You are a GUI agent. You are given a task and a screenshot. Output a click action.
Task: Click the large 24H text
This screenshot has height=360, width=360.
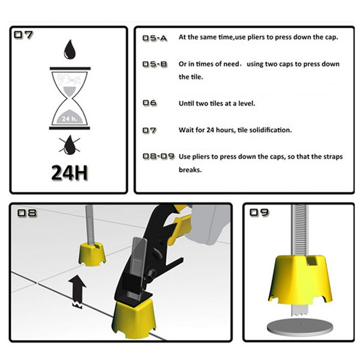[x=70, y=173]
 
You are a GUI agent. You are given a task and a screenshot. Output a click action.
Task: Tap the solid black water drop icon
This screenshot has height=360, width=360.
[x=70, y=49]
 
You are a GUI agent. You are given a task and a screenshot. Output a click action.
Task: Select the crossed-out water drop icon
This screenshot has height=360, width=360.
[x=70, y=145]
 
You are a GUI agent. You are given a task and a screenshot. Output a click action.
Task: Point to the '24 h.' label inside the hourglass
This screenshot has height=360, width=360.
[x=70, y=119]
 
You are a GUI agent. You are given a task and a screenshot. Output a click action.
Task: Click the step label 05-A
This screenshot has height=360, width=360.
[x=155, y=38]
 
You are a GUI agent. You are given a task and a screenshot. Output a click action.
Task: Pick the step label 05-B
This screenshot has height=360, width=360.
[x=155, y=64]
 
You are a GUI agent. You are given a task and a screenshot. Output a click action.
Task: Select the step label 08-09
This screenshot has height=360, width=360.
[x=158, y=157]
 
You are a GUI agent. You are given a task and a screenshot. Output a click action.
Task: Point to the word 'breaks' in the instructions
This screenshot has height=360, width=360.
[x=190, y=170]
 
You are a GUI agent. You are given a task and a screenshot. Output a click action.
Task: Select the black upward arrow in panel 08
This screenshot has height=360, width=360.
[x=77, y=292]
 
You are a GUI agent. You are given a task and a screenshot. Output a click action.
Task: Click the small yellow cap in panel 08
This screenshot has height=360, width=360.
[x=92, y=255]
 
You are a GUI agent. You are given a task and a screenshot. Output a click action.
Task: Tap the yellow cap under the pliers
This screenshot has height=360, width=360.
[x=134, y=318]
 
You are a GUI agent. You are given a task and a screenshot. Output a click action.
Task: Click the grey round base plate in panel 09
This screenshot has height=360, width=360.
[x=300, y=327]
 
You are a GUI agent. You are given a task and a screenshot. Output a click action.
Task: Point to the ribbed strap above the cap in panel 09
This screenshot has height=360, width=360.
[x=299, y=230]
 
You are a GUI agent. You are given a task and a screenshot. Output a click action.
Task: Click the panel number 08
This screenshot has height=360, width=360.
[x=26, y=213]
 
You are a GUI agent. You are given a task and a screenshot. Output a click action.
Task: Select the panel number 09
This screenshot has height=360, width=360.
[x=259, y=212]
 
